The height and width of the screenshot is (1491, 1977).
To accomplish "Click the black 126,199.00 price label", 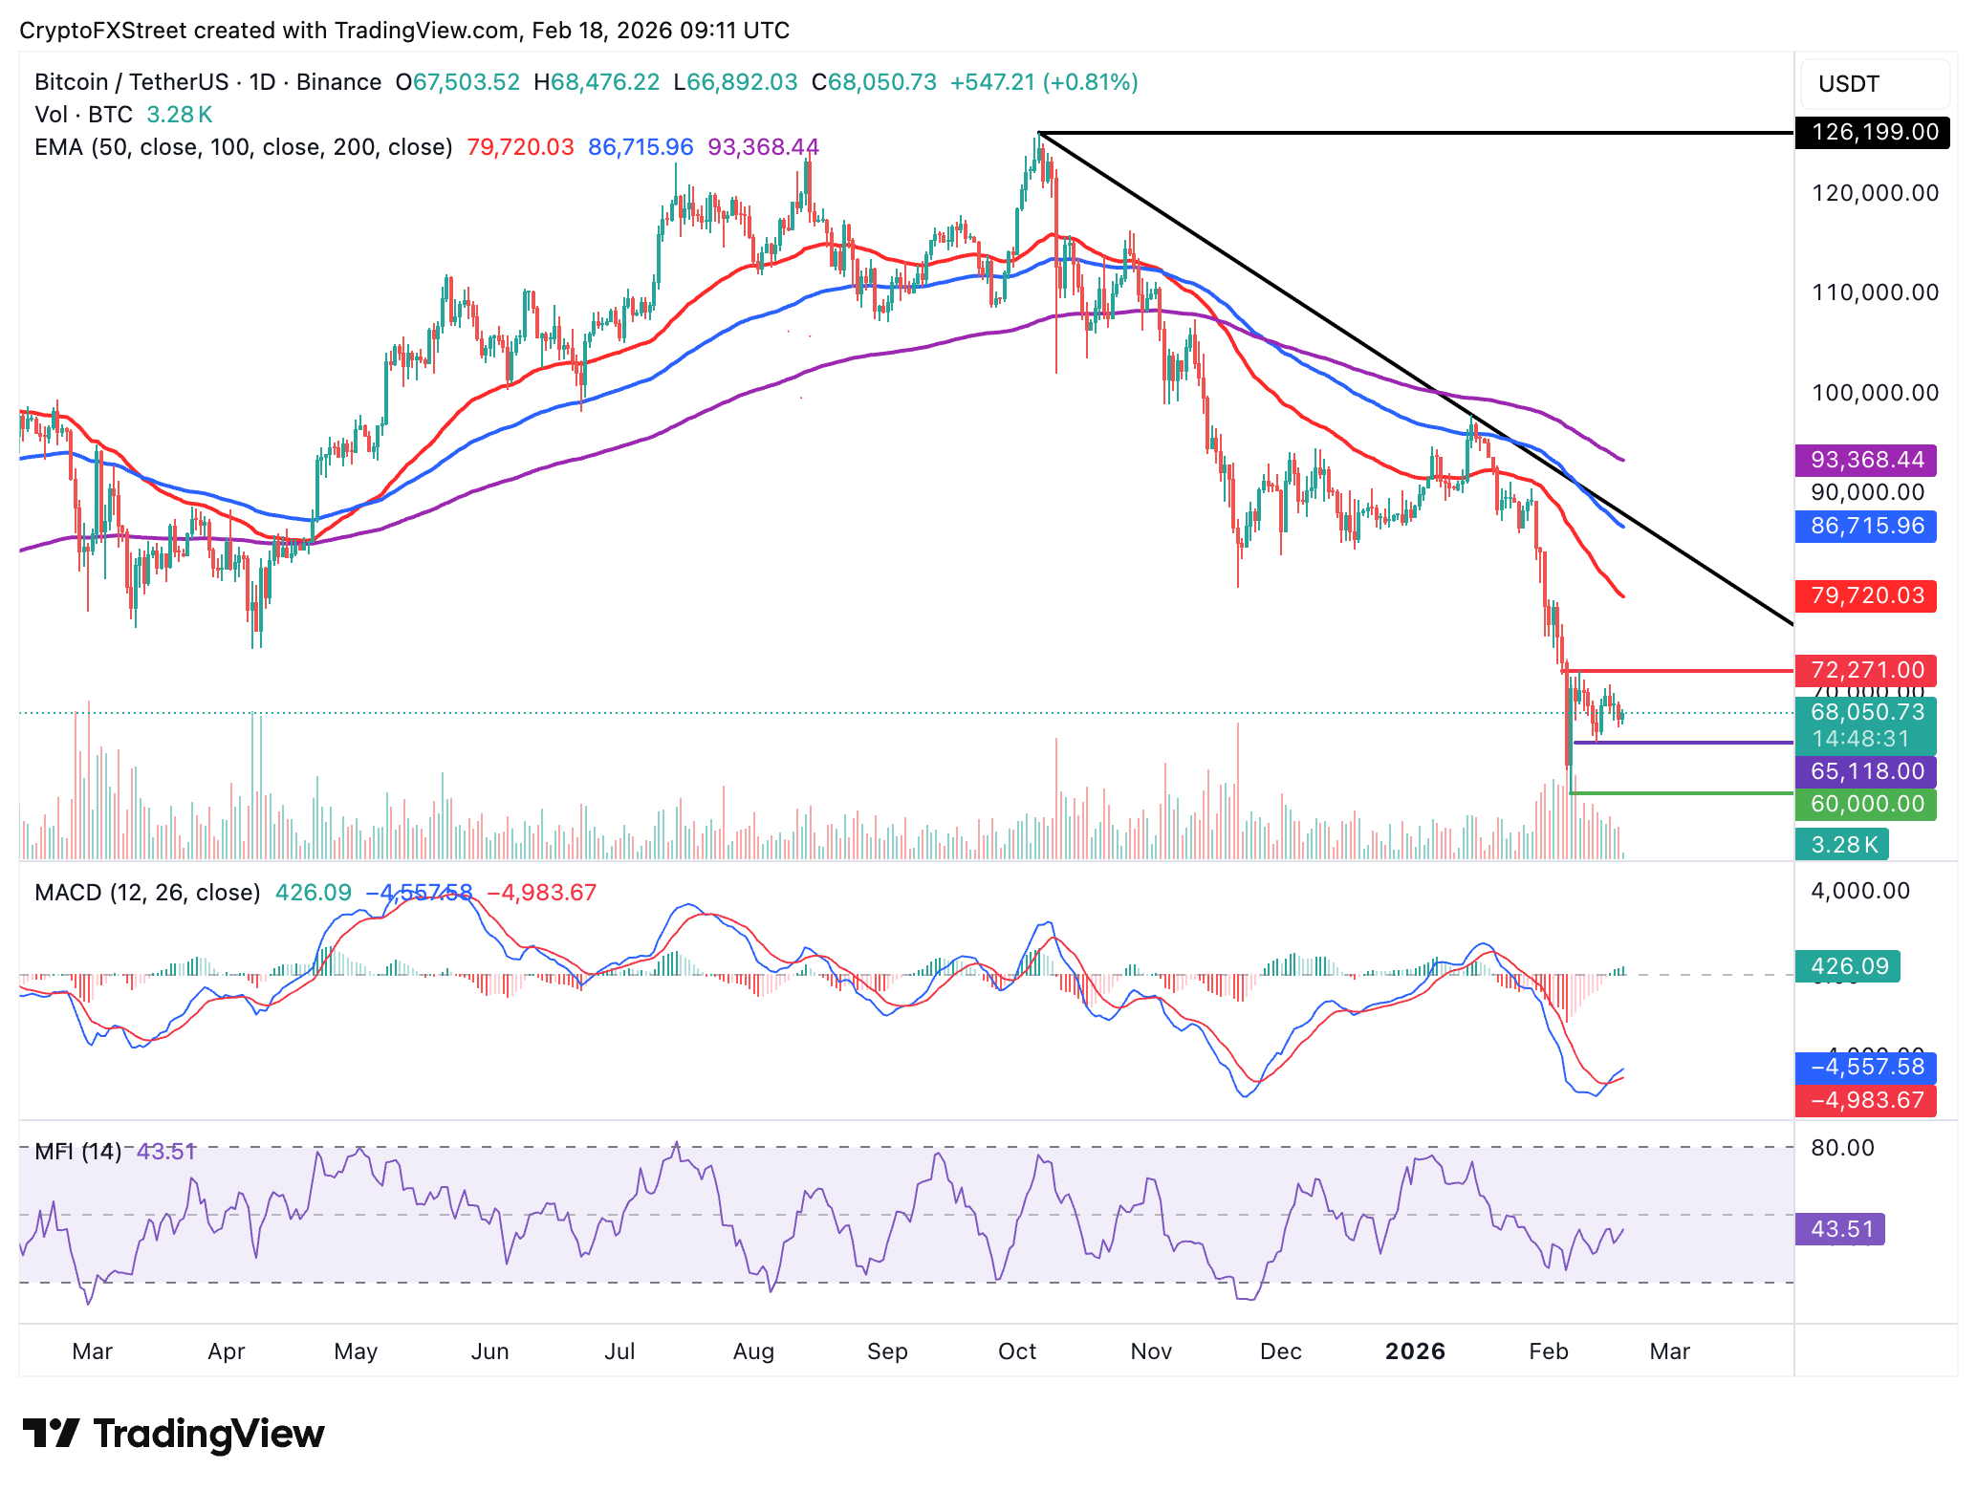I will point(1874,132).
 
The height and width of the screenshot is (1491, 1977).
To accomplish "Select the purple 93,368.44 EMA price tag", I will point(1866,460).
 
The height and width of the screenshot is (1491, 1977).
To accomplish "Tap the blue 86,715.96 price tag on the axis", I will point(1866,526).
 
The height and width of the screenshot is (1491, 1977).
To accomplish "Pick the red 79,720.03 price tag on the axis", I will point(1866,595).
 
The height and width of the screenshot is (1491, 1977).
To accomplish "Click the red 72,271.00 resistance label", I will point(1866,670).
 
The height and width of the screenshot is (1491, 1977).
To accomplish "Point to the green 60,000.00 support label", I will point(1866,804).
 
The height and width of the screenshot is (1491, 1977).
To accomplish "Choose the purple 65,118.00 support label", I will point(1866,771).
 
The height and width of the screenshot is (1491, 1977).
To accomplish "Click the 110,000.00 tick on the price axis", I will point(1875,292).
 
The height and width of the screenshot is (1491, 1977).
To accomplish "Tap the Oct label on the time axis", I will point(1016,1351).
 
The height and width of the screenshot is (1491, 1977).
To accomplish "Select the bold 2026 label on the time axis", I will point(1415,1351).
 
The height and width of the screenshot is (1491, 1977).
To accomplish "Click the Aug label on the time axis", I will point(753,1351).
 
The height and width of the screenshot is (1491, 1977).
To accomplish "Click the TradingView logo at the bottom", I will point(173,1434).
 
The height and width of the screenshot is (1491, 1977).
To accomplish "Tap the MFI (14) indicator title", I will point(77,1152).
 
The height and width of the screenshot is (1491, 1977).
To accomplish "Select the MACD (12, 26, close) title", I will point(147,893).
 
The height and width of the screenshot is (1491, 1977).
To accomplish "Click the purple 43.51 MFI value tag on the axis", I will point(1840,1229).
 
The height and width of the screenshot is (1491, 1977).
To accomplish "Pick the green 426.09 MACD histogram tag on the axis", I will point(1848,966).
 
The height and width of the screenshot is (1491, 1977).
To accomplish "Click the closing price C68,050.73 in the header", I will point(874,82).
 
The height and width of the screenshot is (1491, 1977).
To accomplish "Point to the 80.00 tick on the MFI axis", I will point(1842,1148).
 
